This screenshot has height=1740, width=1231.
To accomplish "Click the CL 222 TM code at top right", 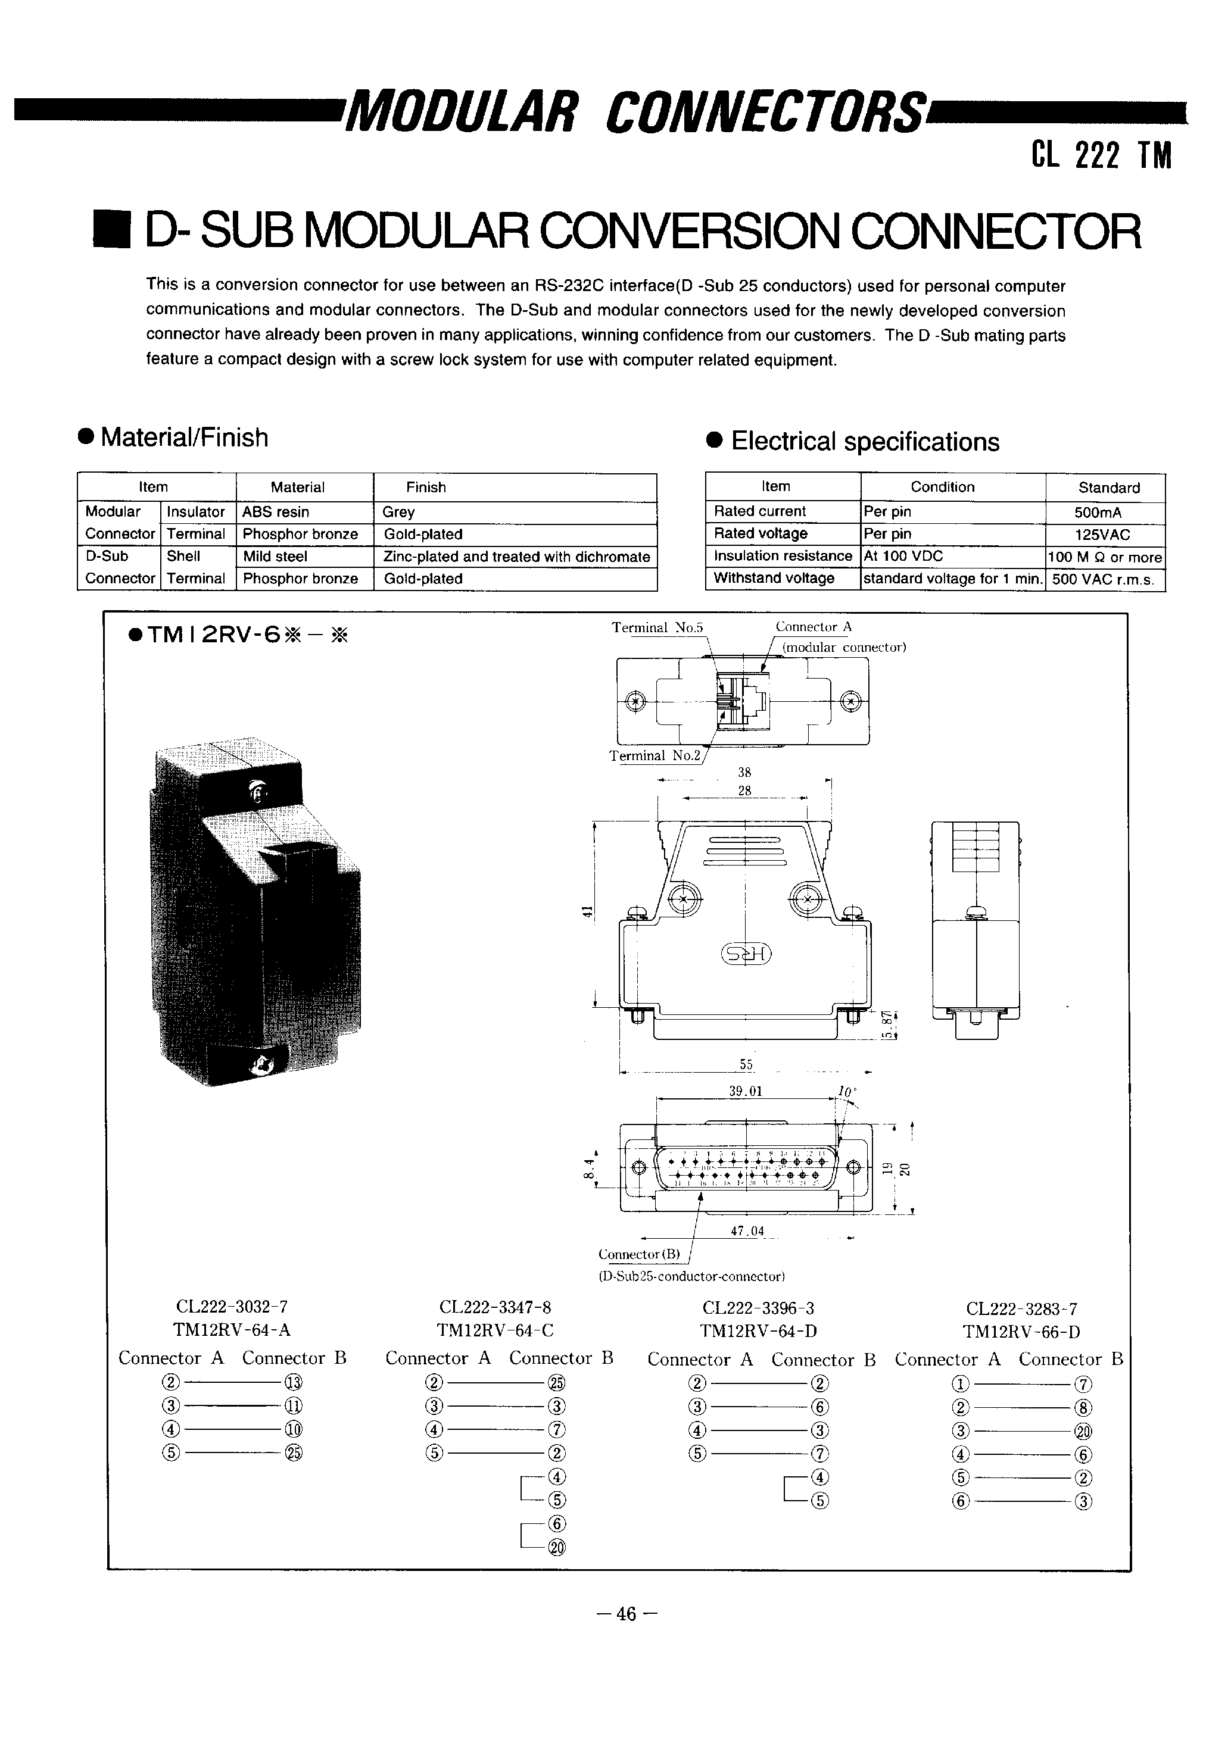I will pos(1101,156).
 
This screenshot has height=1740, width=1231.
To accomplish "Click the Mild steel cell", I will pos(275,556).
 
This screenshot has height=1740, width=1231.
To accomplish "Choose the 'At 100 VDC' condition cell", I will pos(903,555).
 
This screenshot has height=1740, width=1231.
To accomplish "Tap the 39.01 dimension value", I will pos(745,1091).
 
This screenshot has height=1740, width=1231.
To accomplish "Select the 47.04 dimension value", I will pos(747,1232).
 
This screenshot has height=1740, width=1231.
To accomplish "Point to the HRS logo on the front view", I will pos(746,954).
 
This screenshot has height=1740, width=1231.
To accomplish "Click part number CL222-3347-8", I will pos(495,1307).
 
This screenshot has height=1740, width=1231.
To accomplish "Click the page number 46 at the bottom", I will pos(626,1614).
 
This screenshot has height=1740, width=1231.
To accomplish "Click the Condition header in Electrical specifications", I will pos(942,486).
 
